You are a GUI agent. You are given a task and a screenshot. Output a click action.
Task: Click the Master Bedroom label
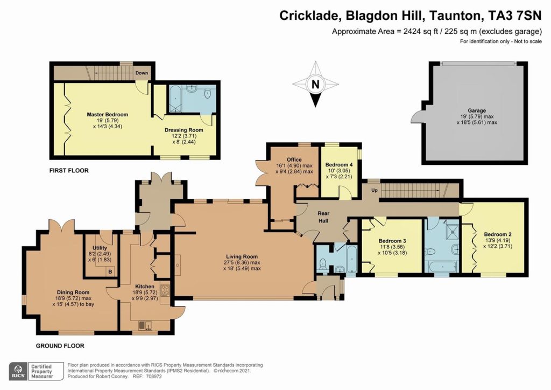(x=108, y=115)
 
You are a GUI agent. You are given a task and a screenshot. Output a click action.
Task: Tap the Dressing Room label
(x=183, y=130)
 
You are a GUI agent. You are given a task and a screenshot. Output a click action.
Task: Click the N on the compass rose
(x=316, y=84)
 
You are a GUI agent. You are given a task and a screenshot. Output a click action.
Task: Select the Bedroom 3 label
(x=392, y=240)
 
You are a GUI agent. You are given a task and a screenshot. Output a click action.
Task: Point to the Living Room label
(x=242, y=256)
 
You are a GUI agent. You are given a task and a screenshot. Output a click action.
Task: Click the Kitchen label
(x=145, y=287)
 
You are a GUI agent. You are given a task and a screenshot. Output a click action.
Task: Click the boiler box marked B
(x=110, y=271)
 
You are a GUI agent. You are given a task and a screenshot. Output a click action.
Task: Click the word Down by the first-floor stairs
(x=142, y=73)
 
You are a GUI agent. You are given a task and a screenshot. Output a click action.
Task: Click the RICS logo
(x=19, y=371)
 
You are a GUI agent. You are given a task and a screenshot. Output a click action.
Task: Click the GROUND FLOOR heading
(x=60, y=346)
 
